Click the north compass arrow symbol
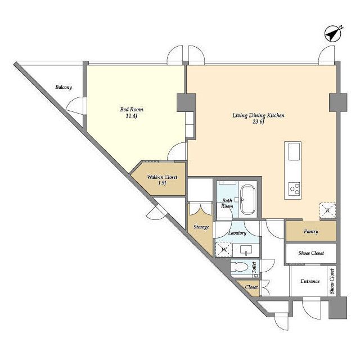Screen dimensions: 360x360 (332, 34)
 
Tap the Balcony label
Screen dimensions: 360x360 (64, 87)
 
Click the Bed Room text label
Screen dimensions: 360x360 (132, 110)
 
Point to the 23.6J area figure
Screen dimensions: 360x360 (258, 122)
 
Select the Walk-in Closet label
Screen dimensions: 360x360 (162, 177)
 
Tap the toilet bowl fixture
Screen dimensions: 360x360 (240, 267)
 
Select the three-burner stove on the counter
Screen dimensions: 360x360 (294, 188)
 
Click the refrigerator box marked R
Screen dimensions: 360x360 (327, 210)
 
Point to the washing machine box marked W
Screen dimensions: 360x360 (224, 249)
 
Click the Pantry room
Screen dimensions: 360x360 (311, 231)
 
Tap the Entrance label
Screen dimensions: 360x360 (310, 281)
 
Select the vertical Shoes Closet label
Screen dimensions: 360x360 (332, 281)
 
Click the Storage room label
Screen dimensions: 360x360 (201, 227)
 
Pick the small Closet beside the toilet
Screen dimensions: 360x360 (249, 288)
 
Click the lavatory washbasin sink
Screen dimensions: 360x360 (246, 250)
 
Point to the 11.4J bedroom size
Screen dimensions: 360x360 (132, 116)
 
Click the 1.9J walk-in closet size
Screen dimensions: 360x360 (162, 183)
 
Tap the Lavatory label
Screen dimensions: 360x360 (237, 233)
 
